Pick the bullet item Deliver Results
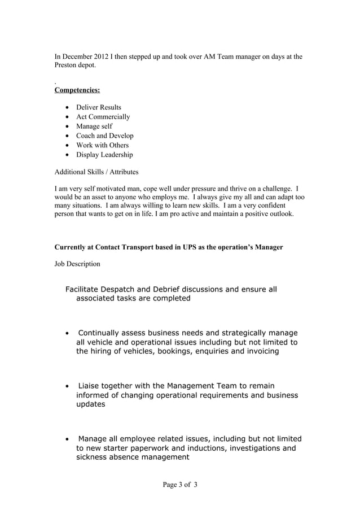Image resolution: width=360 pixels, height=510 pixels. point(99,107)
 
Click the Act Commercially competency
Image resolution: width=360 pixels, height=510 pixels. point(103,117)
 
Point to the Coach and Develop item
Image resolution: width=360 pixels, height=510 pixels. point(105,136)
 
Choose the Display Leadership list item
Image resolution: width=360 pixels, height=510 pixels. point(104,155)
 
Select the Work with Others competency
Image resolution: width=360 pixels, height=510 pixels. point(102,145)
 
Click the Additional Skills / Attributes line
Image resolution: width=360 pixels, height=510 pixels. point(96,172)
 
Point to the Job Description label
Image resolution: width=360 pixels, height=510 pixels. point(77,264)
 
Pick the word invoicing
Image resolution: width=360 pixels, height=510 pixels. point(259,351)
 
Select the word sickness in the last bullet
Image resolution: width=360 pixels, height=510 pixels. point(94,457)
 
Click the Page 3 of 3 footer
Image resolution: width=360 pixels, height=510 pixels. point(180,485)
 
